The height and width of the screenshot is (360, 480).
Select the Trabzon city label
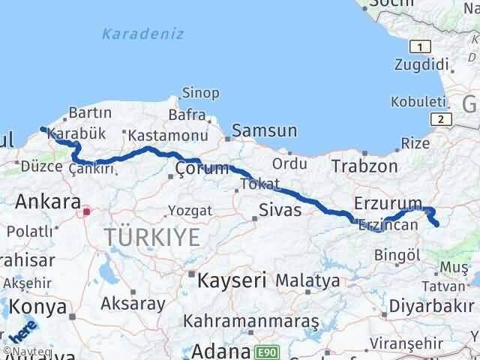(364, 166)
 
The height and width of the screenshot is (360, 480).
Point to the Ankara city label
(48, 201)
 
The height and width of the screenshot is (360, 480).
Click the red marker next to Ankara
(87, 211)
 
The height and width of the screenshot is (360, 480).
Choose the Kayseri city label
(232, 281)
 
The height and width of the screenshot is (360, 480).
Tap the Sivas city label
(280, 210)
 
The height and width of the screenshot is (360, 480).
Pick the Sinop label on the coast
(200, 93)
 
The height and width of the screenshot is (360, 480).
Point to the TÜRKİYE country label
(152, 237)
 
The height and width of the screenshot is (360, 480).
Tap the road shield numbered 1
(423, 47)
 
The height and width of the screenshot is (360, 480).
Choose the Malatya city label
(307, 280)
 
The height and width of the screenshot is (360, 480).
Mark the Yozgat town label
(185, 211)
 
